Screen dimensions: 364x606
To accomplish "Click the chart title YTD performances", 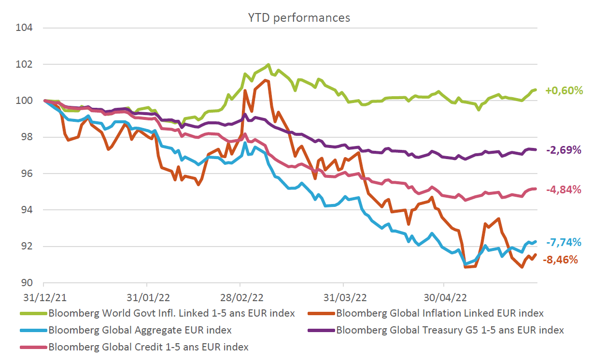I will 299,18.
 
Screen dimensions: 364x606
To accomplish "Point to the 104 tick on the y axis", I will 25,28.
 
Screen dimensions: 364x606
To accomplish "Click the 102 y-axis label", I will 25,64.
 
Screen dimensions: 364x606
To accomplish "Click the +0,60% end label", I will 564,90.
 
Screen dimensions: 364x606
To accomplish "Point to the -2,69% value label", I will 564,150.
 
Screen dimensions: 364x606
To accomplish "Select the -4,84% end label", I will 564,189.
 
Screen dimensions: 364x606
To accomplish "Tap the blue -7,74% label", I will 564,243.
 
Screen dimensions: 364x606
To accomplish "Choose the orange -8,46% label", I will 560,260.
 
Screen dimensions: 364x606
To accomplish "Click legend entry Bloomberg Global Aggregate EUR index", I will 140,330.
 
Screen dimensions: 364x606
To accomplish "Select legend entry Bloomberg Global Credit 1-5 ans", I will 148,347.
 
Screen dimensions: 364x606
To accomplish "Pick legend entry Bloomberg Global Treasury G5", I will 450,330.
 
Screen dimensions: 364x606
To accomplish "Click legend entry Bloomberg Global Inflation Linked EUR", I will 439,313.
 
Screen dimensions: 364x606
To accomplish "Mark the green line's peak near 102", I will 268,65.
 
